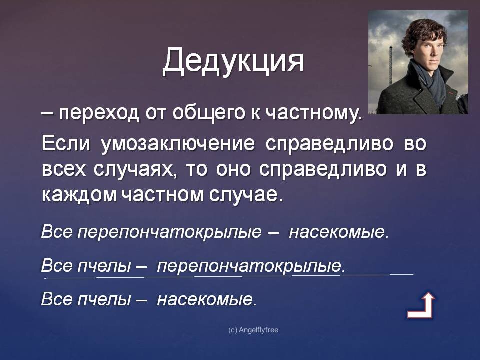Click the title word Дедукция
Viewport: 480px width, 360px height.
click(x=233, y=61)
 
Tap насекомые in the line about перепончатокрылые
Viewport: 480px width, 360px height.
click(x=338, y=232)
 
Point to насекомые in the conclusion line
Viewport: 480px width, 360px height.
click(x=206, y=299)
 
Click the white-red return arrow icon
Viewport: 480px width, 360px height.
click(x=421, y=306)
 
